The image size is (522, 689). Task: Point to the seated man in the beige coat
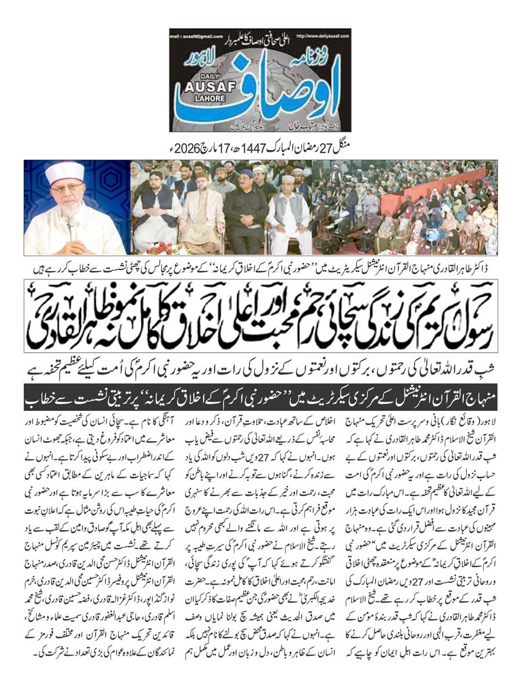[200, 214]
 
